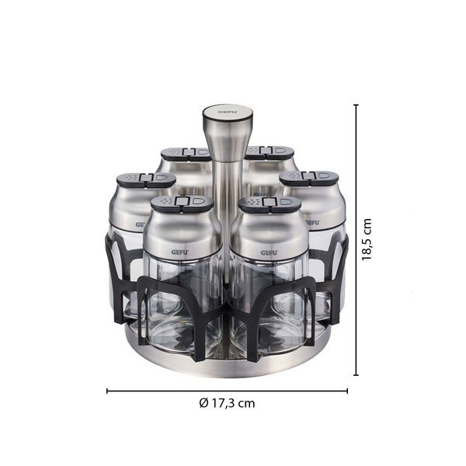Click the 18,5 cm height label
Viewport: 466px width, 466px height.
367,239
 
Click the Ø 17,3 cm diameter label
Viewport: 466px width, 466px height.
227,403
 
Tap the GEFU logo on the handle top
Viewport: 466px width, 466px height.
228,112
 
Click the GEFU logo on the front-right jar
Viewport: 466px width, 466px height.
270,252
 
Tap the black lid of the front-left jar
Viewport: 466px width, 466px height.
182,203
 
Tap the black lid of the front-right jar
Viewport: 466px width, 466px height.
270,204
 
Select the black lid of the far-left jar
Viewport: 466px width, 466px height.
146,180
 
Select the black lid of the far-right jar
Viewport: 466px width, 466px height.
309,179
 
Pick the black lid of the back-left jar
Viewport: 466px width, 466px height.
186,154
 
